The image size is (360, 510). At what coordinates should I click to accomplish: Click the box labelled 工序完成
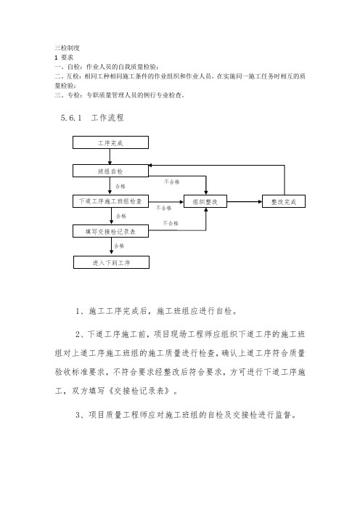(x=111, y=143)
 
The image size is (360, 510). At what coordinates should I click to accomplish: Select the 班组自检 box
(x=111, y=171)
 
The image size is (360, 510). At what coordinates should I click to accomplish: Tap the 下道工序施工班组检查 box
(x=111, y=201)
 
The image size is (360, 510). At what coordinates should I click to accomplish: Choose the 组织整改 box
(x=206, y=201)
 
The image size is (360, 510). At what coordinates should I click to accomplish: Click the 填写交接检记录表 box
(x=111, y=231)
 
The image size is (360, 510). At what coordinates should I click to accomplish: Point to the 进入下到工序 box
(x=111, y=260)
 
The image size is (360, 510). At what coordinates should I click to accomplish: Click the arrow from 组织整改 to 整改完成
(x=245, y=201)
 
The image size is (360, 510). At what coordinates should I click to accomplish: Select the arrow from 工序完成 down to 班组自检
(x=111, y=157)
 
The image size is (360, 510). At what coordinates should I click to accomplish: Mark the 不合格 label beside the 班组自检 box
(x=171, y=182)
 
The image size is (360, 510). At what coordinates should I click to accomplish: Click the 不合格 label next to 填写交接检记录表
(x=171, y=223)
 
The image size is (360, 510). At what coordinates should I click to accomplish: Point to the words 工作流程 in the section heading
(x=107, y=116)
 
